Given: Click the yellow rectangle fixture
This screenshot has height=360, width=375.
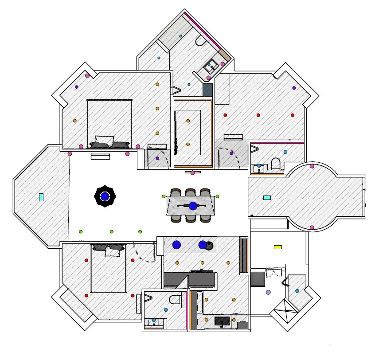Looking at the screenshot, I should point(278,247).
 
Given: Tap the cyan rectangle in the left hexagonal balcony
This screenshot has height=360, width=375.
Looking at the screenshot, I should point(41,197).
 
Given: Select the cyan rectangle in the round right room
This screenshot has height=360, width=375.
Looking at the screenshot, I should point(267,198).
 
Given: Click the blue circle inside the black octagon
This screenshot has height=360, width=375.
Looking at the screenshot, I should point(105,196).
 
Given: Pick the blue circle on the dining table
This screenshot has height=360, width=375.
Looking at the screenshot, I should point(193,206).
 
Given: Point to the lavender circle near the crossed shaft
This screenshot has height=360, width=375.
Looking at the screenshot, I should point(268,293).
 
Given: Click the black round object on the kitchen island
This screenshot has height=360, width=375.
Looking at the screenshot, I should point(210,245).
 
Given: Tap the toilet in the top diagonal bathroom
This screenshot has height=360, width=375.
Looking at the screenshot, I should point(200,42).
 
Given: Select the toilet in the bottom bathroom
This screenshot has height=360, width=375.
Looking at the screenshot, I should point(176,299).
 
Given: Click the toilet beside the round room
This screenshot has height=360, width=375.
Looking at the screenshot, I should point(275,164).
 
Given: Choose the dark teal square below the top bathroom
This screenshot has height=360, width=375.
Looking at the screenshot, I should point(207,90).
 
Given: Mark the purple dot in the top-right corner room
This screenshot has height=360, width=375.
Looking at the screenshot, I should point(294,88).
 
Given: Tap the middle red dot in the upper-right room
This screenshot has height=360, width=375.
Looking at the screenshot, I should point(258,115).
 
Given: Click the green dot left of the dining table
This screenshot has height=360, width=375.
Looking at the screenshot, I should point(164,196).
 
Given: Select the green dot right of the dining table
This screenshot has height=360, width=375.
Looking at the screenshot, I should point(217,196).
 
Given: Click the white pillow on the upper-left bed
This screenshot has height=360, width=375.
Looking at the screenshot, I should point(105,141).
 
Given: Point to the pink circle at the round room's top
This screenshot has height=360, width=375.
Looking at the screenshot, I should point(312,166).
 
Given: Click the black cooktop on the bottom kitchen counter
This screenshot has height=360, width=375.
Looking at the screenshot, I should point(222,321).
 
